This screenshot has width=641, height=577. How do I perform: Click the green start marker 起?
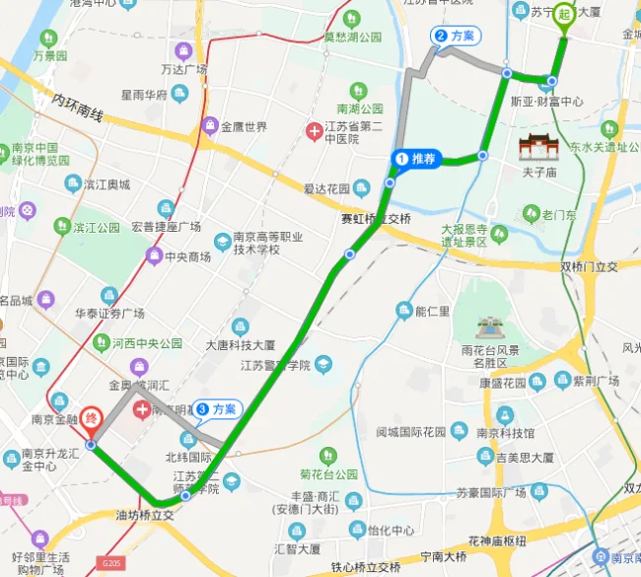point(564,14)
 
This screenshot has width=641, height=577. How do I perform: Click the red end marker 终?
point(92,418)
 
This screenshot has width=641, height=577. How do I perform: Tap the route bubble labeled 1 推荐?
point(416,159)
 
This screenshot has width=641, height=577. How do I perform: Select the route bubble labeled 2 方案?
point(457,36)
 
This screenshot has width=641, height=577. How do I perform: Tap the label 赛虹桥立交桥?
point(376,219)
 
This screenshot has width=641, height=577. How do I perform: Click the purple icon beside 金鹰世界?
point(209,126)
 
